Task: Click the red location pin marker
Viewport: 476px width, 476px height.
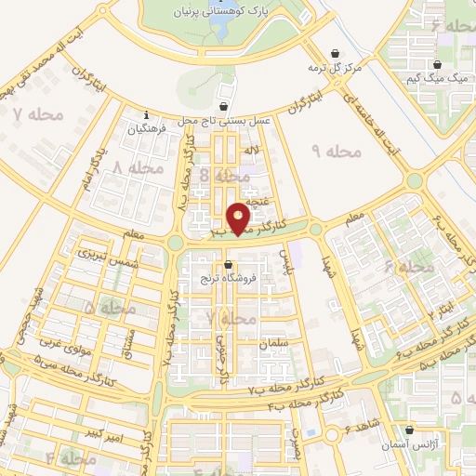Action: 239,218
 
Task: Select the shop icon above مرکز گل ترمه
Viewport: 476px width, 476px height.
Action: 335,54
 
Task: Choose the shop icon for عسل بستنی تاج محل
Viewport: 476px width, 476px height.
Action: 223,106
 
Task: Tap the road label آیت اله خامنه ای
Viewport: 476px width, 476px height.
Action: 378,118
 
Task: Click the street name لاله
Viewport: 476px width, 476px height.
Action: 252,150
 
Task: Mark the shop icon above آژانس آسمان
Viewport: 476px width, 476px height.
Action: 409,430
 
